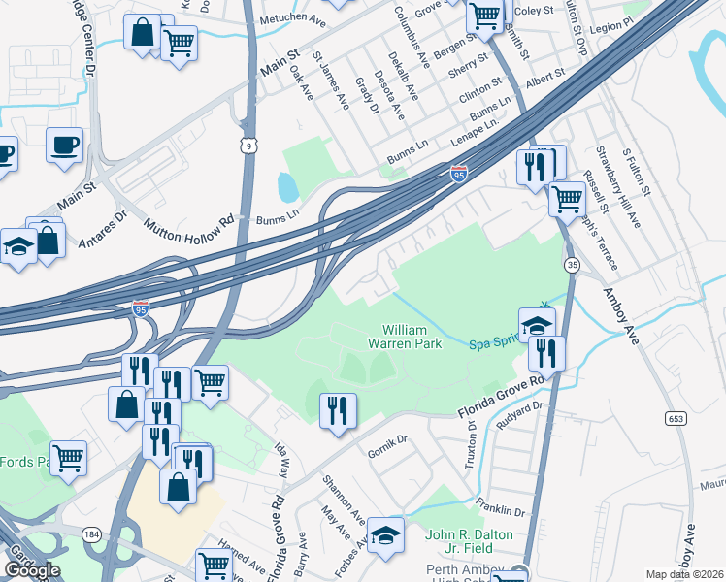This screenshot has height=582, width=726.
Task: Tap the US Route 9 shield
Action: (249, 145)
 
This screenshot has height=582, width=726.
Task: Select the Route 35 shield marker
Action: (573, 264)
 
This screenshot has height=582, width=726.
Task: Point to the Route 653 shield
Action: (676, 418)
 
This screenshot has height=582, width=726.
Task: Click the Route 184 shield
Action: (92, 534)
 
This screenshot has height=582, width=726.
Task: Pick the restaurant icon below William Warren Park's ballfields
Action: (338, 408)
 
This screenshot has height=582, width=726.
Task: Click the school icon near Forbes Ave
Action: (385, 535)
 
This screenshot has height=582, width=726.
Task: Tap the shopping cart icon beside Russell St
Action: (567, 199)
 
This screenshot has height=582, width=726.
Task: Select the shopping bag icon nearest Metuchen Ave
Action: (142, 32)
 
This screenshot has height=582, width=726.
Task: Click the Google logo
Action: (32, 570)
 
